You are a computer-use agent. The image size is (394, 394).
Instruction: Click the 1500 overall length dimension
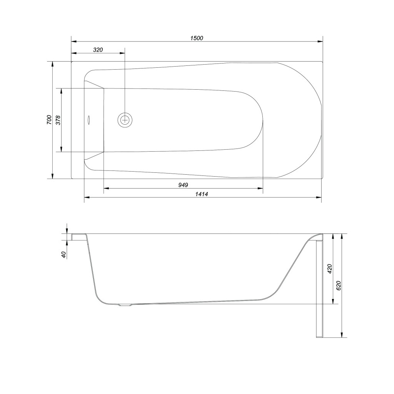point(197,38)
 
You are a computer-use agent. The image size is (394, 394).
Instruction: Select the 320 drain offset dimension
point(98,50)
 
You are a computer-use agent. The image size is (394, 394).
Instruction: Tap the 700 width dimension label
point(49,120)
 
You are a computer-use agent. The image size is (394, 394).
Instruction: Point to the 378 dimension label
point(58,120)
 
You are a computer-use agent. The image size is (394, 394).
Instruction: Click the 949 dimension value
point(183,185)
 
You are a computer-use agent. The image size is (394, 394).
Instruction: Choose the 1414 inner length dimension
point(202,194)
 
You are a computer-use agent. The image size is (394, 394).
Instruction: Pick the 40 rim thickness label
point(64,255)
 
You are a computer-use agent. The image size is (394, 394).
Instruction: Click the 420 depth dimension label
point(330,269)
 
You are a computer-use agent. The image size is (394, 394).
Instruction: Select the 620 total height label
point(339,285)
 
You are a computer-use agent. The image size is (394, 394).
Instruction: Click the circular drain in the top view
point(125,120)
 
